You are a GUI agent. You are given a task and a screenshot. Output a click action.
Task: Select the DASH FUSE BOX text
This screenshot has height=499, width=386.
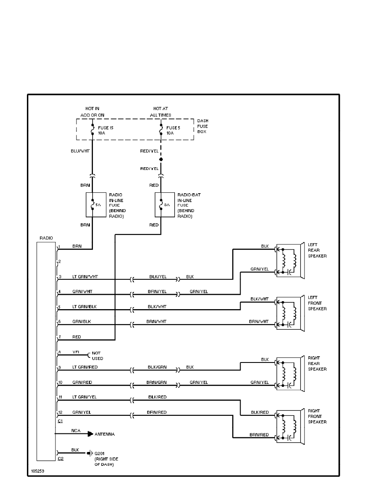tap(203, 126)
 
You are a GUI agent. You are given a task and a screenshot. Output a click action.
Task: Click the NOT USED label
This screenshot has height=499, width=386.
tap(97, 355)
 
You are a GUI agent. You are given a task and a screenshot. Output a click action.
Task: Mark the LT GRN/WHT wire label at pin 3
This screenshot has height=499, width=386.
tap(84, 277)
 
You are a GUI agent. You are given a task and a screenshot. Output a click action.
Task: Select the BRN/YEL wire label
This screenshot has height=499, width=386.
tap(157, 292)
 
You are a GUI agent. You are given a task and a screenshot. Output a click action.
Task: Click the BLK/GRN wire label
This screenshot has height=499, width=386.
tap(157, 367)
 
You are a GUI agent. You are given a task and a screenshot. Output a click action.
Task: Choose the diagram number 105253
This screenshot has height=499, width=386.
tap(37, 471)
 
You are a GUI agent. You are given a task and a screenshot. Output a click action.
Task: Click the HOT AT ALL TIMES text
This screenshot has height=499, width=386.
tap(161, 111)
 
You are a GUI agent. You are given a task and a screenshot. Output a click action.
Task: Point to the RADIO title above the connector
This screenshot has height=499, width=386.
tap(46, 238)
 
